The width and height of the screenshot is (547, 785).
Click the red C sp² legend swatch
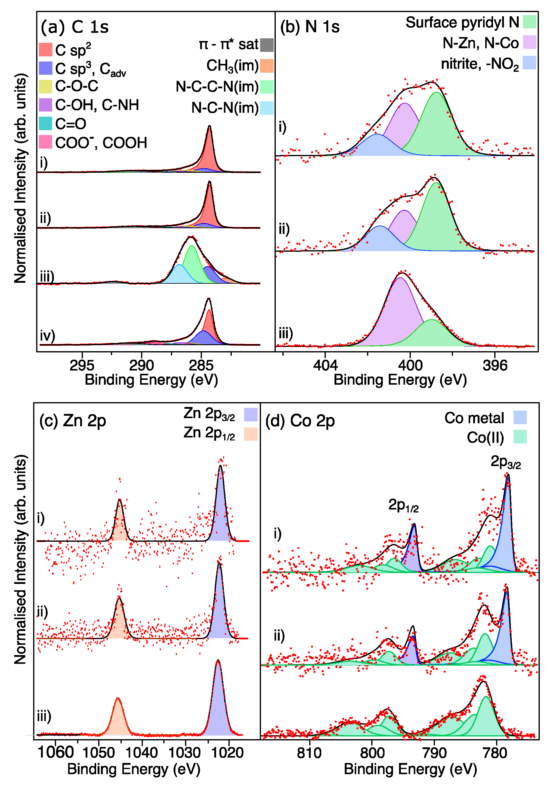(45, 49)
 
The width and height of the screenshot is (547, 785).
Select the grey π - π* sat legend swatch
(267, 45)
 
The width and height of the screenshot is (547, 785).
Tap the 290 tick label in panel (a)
(141, 365)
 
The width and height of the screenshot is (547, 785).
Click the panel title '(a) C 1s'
(74, 27)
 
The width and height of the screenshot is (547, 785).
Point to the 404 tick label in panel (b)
(325, 365)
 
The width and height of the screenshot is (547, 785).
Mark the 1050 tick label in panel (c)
(99, 752)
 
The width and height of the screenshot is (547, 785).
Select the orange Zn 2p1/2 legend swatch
(250, 434)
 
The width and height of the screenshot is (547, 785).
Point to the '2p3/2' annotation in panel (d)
(505, 462)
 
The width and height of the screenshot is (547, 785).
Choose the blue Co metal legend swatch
(520, 418)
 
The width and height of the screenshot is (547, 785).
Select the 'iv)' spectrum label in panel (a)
(47, 336)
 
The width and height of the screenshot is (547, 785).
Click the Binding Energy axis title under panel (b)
(400, 380)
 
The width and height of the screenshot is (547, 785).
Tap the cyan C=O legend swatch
(45, 123)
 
